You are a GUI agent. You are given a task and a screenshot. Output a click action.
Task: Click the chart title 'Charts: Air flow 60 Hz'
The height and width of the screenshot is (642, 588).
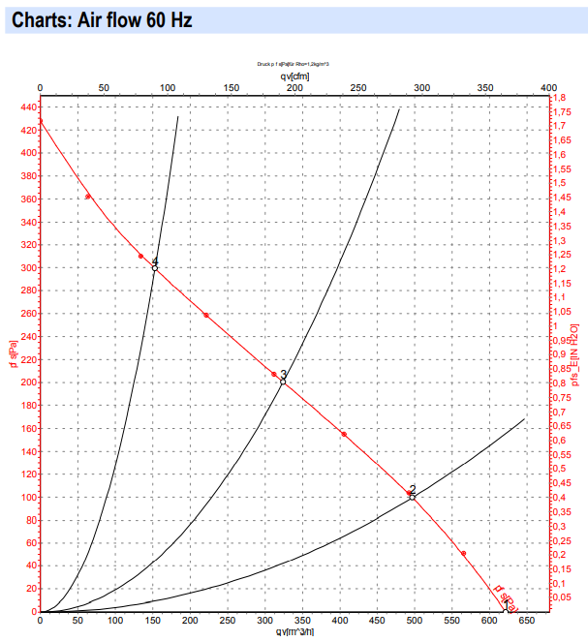click(102, 19)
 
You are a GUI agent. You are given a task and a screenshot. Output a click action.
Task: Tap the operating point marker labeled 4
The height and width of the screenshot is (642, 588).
click(154, 267)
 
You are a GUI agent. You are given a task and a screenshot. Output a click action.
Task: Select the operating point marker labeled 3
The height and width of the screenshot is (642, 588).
click(283, 382)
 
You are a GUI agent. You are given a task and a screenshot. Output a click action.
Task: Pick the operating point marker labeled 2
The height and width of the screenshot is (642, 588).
click(414, 497)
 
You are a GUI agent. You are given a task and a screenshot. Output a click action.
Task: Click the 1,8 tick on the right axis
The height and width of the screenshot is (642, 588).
click(560, 99)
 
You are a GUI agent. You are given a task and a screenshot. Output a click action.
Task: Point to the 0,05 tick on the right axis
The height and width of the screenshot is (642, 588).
click(563, 598)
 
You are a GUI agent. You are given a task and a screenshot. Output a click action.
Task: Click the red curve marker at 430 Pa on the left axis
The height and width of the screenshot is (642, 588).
click(40, 120)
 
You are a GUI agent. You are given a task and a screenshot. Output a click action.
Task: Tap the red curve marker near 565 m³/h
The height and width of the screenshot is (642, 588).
click(463, 553)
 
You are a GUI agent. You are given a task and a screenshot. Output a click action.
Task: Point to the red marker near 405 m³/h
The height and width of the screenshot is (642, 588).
click(344, 434)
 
